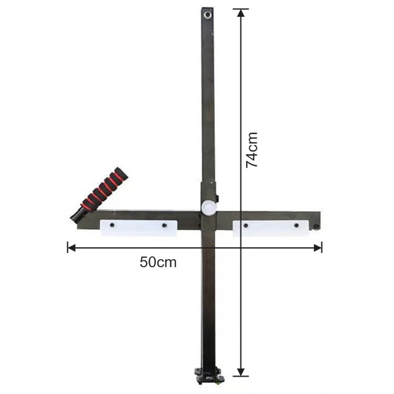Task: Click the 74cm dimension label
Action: [252, 150]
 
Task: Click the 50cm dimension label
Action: [158, 262]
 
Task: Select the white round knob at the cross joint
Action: [209, 207]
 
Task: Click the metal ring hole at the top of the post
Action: [208, 15]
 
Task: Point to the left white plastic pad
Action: [139, 228]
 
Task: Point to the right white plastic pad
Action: [270, 229]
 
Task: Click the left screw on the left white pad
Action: [112, 225]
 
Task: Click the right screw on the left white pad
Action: [165, 226]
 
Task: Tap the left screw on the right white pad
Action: [245, 226]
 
